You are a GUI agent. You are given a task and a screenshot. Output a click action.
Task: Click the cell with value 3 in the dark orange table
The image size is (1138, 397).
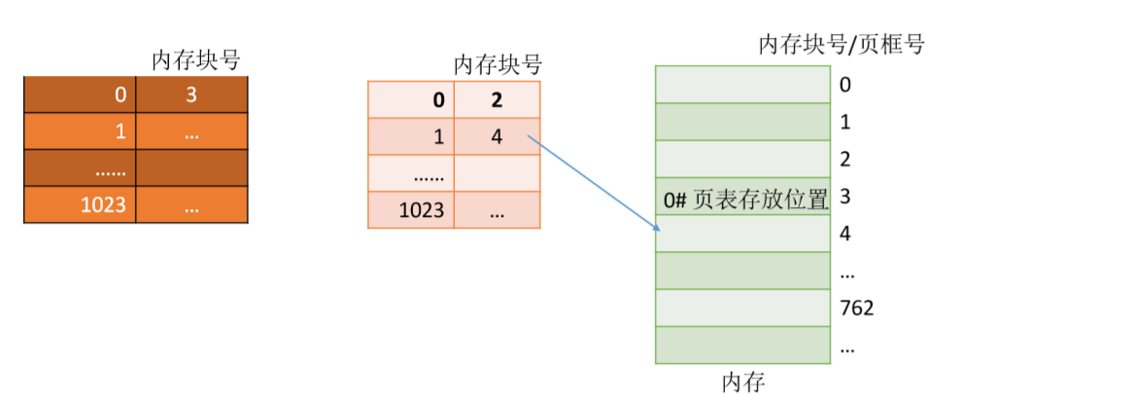click(191, 94)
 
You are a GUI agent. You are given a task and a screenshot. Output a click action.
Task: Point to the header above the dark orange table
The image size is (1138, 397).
click(195, 60)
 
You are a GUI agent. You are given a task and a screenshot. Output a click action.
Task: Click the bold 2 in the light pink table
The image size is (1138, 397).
click(497, 100)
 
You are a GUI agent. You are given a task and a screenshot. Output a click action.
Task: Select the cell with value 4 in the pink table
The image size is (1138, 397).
click(497, 137)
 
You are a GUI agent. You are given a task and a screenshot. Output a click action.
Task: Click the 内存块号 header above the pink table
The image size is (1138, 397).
click(497, 65)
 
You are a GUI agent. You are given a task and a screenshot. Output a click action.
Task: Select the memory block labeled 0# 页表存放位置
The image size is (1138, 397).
click(742, 198)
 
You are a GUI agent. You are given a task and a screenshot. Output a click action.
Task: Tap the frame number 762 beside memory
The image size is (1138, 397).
click(857, 308)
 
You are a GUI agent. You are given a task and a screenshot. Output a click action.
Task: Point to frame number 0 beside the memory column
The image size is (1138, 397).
click(845, 85)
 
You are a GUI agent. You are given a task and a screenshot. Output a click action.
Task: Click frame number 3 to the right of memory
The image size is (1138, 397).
click(845, 198)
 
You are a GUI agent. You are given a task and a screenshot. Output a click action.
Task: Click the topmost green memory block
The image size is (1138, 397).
click(742, 84)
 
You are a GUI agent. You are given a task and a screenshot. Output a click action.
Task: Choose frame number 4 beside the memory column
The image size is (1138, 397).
click(845, 235)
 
